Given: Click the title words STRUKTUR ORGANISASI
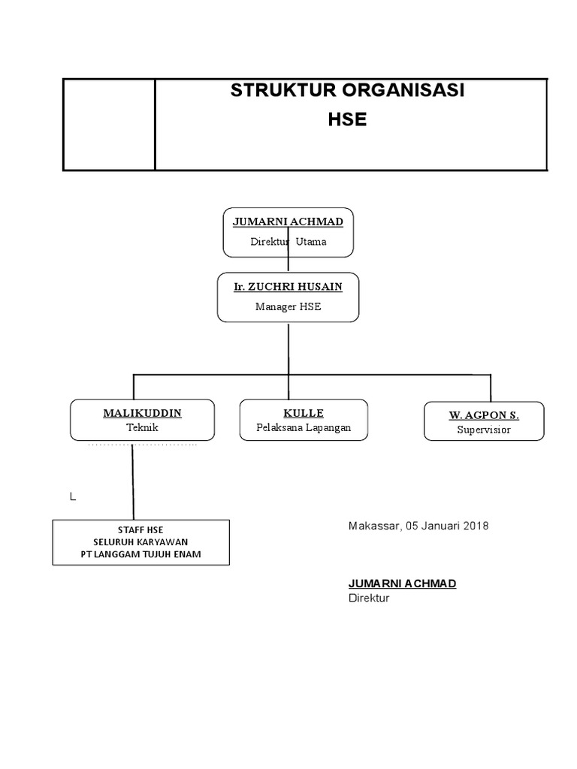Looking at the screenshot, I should point(347,91).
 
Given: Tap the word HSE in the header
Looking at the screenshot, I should point(347,119).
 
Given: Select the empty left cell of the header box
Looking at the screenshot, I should point(109,125).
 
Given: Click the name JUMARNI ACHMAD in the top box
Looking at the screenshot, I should point(288,222).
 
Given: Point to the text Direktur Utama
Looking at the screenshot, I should point(288,242).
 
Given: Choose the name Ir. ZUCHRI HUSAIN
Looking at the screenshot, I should point(288,287).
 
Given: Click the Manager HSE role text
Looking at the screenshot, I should point(288,306).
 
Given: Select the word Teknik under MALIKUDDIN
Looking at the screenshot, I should point(142,427).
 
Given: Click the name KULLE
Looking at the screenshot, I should point(304,413).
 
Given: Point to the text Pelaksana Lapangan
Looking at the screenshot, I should point(304,427).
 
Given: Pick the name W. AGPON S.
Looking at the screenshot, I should point(484,415).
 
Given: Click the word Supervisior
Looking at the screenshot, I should point(484,430).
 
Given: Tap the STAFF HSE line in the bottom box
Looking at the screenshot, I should point(140,529).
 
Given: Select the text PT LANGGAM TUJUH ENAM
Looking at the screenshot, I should point(140,554).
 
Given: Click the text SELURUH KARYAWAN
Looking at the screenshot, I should point(140,541).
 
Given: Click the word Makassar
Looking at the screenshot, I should point(374,526).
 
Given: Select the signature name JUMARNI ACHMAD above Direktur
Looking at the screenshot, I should point(402,584).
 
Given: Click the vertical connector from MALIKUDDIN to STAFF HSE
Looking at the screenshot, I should point(133,481).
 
